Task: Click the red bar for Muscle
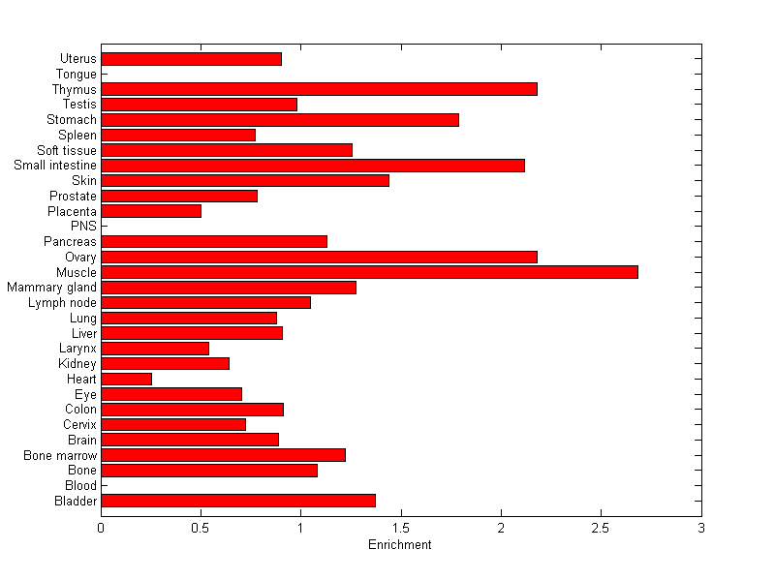tap(369, 272)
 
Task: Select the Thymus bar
tap(319, 89)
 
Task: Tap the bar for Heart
tap(126, 379)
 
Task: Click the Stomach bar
tap(280, 120)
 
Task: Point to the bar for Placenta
tap(151, 211)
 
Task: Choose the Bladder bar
tap(238, 501)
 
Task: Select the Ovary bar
tap(319, 257)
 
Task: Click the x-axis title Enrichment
tap(400, 545)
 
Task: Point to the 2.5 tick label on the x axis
tap(601, 528)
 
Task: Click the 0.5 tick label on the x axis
tap(201, 528)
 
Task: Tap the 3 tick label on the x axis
tap(700, 528)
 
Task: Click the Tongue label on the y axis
tap(77, 75)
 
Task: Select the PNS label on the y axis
tap(84, 227)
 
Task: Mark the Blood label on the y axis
tap(80, 485)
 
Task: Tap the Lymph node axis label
tap(63, 303)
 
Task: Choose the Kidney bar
tap(165, 363)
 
